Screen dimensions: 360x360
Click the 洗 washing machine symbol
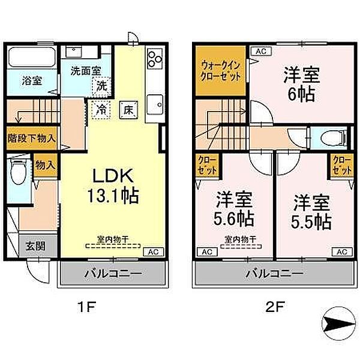click(103, 86)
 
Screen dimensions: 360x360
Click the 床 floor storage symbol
click(128, 110)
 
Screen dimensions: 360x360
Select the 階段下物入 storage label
click(31, 137)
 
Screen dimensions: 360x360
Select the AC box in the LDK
click(152, 252)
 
